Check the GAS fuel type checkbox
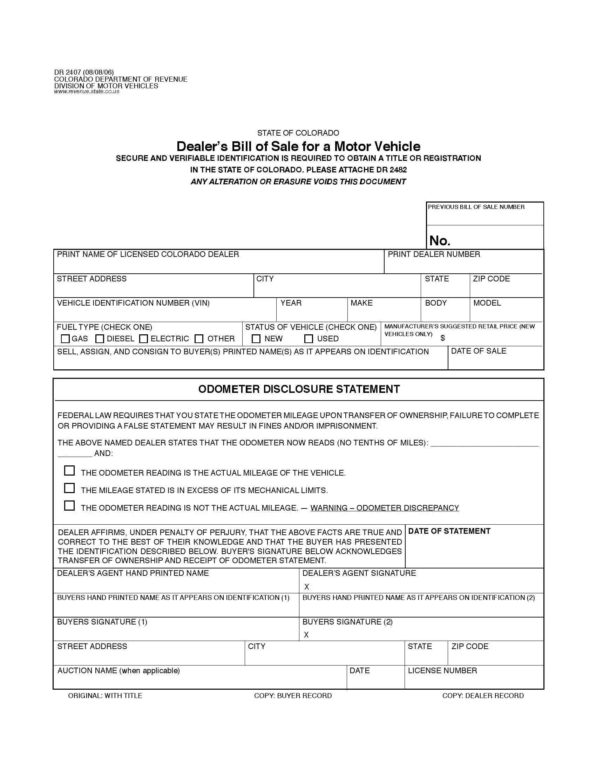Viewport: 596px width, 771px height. [x=65, y=339]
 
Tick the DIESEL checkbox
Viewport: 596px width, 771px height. [x=100, y=339]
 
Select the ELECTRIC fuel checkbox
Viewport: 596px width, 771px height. [x=143, y=339]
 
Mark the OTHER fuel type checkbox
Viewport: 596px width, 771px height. [x=199, y=339]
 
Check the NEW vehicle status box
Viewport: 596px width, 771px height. [x=256, y=339]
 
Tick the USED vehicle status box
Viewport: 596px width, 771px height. [x=309, y=339]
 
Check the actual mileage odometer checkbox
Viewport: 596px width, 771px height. [x=69, y=471]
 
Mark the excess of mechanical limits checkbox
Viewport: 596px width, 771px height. [x=69, y=488]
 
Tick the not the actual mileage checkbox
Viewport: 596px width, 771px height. [x=69, y=505]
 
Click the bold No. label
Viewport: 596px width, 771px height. [x=440, y=241]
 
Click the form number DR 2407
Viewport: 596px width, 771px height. [x=67, y=73]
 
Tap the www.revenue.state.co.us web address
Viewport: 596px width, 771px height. [x=87, y=91]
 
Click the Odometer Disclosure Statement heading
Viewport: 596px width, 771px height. [x=299, y=389]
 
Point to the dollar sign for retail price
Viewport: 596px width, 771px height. [x=442, y=338]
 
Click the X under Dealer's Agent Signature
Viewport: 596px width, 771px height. [x=306, y=587]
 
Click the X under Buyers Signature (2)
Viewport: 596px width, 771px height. [x=306, y=635]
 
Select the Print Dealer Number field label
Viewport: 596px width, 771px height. [x=434, y=254]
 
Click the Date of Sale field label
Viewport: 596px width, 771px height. [x=479, y=351]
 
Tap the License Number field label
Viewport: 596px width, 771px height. [x=442, y=670]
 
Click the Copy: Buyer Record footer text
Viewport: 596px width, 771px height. [x=293, y=695]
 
